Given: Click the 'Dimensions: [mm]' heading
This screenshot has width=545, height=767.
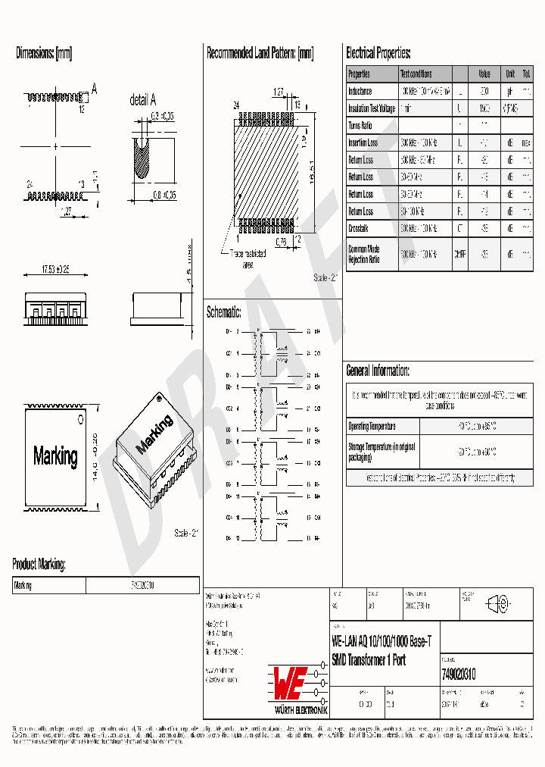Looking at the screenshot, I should pyautogui.click(x=44, y=53).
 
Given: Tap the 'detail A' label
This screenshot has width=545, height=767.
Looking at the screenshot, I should pyautogui.click(x=142, y=100).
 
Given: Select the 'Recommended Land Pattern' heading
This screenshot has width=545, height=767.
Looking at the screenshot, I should pyautogui.click(x=260, y=53).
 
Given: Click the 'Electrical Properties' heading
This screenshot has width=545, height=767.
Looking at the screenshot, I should pyautogui.click(x=378, y=53).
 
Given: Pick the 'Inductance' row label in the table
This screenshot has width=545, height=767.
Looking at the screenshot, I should pyautogui.click(x=360, y=91).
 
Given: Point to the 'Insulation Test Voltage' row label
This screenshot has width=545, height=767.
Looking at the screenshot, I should pyautogui.click(x=371, y=108).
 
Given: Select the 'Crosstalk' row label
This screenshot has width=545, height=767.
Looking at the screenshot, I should pyautogui.click(x=360, y=228).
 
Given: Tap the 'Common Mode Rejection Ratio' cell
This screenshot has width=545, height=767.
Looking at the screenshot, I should pyautogui.click(x=364, y=254).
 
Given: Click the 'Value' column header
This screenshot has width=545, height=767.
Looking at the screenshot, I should pyautogui.click(x=484, y=74).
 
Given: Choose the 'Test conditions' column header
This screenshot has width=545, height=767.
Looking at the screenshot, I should pyautogui.click(x=416, y=74).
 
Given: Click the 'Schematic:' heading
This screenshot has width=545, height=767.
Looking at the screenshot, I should pyautogui.click(x=223, y=312).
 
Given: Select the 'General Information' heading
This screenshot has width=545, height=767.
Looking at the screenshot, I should pyautogui.click(x=378, y=371).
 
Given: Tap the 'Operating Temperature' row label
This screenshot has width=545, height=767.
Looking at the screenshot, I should pyautogui.click(x=372, y=426).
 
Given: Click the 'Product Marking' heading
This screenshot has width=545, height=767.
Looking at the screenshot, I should pyautogui.click(x=39, y=564).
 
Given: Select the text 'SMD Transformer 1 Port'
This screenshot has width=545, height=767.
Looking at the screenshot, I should pyautogui.click(x=369, y=660).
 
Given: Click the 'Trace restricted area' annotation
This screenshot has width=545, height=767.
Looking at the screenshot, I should pyautogui.click(x=248, y=259).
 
